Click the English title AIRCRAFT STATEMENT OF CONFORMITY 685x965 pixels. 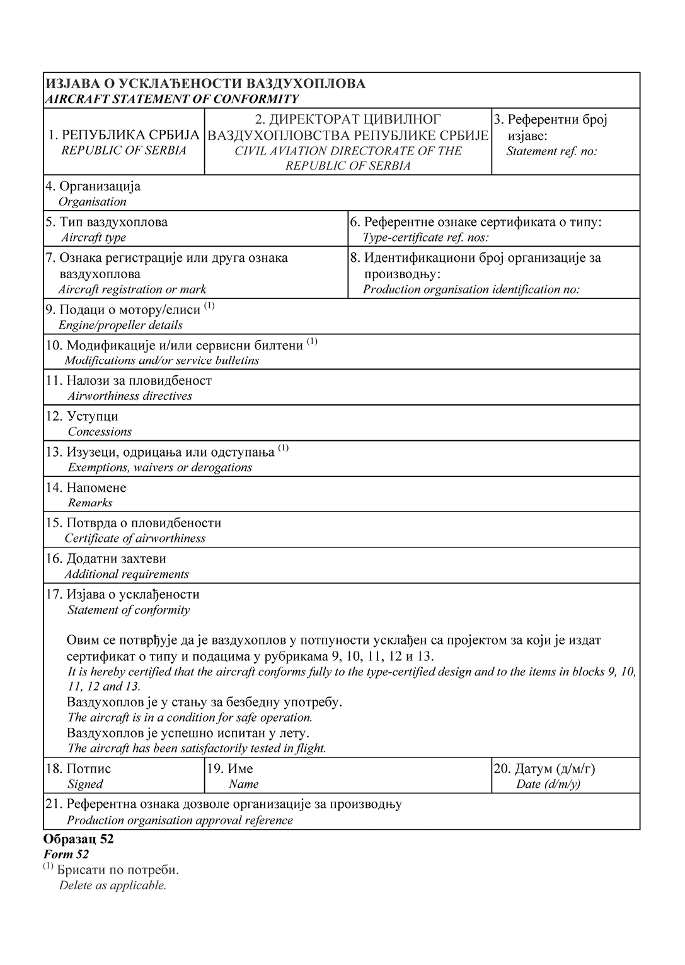[171, 99]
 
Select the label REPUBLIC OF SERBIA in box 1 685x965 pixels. [124, 150]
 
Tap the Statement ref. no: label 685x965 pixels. [551, 151]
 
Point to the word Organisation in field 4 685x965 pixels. [92, 202]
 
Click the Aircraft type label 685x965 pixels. [93, 237]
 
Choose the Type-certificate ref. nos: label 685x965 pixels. [425, 237]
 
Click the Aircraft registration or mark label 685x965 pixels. [132, 289]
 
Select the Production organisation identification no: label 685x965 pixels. [471, 289]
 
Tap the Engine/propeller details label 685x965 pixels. [120, 325]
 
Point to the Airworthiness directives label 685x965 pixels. [130, 396]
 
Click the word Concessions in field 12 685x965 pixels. [100, 432]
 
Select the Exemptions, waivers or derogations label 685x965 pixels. [159, 467]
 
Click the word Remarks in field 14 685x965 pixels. [90, 503]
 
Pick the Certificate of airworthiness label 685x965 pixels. [135, 539]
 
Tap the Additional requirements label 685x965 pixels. [127, 574]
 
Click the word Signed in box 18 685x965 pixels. [85, 784]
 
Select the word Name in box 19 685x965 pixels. [244, 784]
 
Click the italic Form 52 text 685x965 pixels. [66, 855]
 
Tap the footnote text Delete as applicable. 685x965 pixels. [113, 885]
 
